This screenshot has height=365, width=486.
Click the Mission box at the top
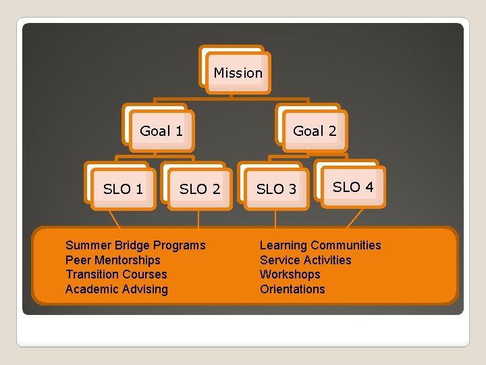pos(238,72)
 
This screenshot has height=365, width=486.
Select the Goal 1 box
pos(161,130)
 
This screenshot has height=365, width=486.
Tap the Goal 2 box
pos(314,130)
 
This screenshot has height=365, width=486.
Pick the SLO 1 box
pos(122,189)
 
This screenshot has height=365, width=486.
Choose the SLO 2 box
pos(199,189)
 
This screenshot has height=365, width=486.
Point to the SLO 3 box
pos(276,189)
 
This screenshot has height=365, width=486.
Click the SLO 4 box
pos(352,187)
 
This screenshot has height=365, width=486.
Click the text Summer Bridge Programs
pos(135,245)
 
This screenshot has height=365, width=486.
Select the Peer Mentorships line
pos(113,260)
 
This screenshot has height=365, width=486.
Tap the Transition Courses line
pos(116,274)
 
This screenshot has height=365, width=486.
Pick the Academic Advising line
pos(116,289)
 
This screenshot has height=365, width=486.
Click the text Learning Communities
pos(320,245)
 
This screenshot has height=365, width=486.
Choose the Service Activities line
pos(305,260)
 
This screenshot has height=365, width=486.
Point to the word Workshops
pos(290,274)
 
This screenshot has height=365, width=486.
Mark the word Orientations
pos(292,289)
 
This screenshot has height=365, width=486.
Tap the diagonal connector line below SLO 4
pos(355,218)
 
